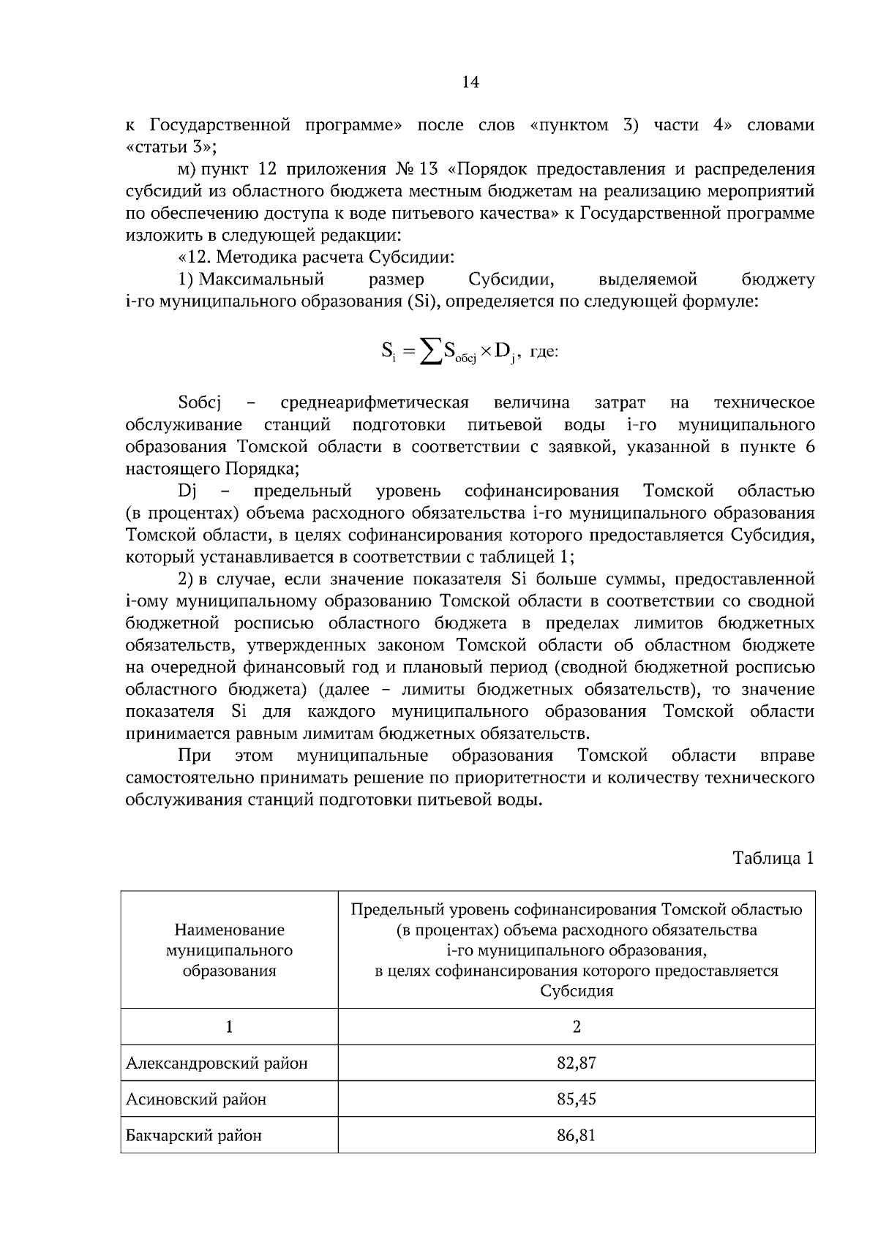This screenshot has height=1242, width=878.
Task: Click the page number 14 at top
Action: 470,83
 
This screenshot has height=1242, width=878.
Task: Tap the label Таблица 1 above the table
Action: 773,858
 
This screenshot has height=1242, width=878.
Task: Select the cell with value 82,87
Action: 576,1063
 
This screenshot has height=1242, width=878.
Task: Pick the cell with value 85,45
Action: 576,1099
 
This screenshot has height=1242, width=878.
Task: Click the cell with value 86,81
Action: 576,1135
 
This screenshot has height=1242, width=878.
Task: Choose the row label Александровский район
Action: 217,1063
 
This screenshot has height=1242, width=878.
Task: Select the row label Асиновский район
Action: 196,1099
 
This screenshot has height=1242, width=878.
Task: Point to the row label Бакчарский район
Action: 194,1135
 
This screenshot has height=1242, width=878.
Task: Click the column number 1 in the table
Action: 229,1027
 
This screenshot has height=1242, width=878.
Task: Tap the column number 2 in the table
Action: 577,1027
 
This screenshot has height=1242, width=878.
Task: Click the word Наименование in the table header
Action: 229,930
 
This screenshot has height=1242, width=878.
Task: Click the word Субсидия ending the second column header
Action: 577,991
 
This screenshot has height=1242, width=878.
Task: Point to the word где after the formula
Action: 544,353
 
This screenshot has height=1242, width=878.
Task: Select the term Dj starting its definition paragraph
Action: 186,491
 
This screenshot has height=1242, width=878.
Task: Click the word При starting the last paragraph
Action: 194,755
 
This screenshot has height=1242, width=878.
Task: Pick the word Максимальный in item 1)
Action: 261,279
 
